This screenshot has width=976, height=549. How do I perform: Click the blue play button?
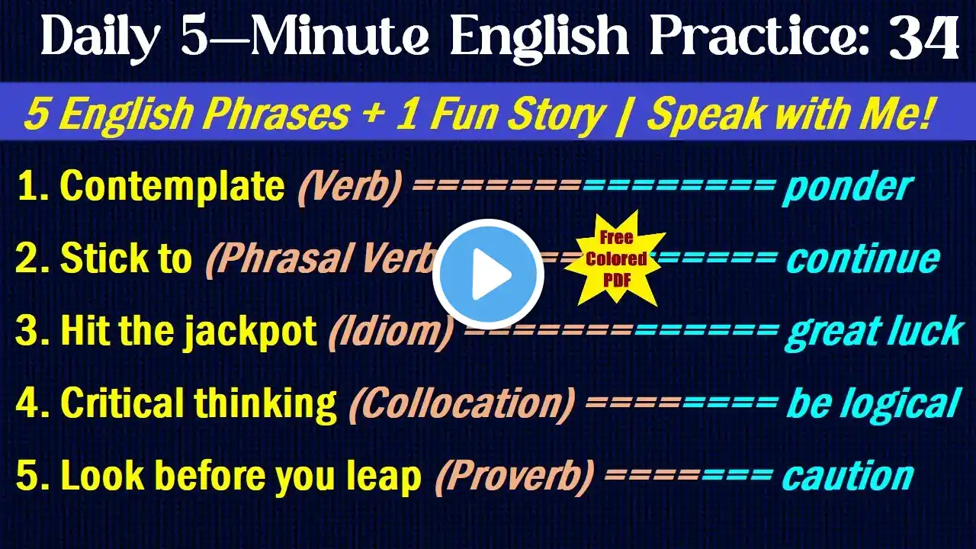[x=488, y=274]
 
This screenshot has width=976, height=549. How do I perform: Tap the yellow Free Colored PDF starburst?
[x=615, y=258]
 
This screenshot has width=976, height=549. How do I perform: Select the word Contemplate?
[x=172, y=187]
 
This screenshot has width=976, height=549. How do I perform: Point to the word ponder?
[x=847, y=188]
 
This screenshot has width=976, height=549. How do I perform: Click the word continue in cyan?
[x=863, y=258]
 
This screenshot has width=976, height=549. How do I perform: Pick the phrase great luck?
[x=874, y=333]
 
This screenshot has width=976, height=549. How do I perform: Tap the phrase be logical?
[x=874, y=405]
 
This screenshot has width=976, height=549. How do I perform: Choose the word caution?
[x=848, y=477]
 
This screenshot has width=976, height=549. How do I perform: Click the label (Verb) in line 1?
[x=349, y=188]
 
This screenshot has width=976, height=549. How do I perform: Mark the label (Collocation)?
[x=462, y=404]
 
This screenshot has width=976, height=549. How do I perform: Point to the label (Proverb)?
[x=515, y=477]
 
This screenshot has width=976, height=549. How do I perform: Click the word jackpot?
[x=249, y=333]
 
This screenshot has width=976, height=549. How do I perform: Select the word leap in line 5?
[x=384, y=477]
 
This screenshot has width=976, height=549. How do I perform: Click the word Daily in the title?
[x=100, y=38]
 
